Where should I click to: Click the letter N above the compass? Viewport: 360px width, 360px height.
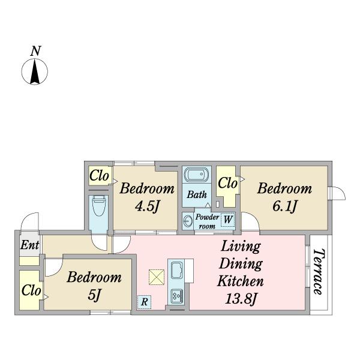coord(35,51)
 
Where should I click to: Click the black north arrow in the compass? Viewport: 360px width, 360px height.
coord(35,71)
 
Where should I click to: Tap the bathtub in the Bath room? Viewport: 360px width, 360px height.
coord(197,175)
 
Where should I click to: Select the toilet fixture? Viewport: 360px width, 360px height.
coord(98,206)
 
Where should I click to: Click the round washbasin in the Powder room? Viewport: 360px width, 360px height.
coord(188,221)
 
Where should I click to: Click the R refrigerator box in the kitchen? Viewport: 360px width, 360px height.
coord(144,302)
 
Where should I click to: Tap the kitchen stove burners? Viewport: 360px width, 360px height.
coord(177,295)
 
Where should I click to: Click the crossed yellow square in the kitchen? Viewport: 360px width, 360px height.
coord(157,277)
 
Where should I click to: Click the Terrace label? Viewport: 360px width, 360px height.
coord(319,272)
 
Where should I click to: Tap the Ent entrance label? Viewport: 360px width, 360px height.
coord(29,245)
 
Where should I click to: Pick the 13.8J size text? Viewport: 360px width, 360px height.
coord(241,299)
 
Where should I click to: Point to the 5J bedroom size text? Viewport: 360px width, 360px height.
coord(95,295)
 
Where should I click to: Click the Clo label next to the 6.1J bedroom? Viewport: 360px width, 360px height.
coord(227,183)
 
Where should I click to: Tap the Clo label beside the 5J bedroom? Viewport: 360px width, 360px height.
coord(31,290)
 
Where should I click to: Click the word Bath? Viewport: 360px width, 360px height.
coord(197,194)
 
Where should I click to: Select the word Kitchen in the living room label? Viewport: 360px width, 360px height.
coord(241,281)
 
